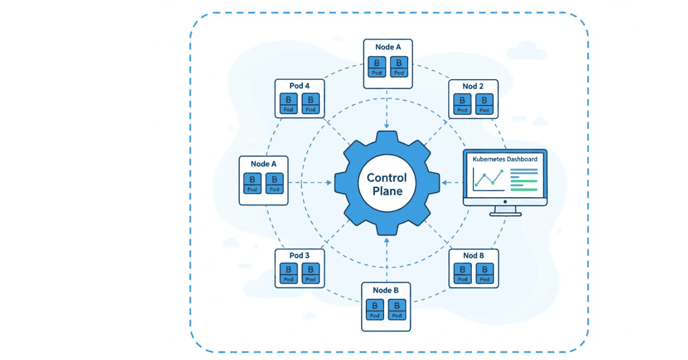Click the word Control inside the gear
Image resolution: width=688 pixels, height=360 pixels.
[x=386, y=178]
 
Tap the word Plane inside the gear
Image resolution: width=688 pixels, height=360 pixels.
[x=386, y=191]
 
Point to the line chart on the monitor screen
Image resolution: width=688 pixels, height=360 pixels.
[x=487, y=179]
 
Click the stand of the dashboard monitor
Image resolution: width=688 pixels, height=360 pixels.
[x=505, y=210]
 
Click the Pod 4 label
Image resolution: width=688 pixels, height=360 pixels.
[x=299, y=86]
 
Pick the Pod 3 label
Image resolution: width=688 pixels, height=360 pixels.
[x=299, y=255]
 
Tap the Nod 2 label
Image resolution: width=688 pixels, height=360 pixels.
[x=473, y=86]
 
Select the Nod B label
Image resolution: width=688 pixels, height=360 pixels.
[x=473, y=255]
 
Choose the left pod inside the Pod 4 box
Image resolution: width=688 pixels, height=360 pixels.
[x=288, y=104]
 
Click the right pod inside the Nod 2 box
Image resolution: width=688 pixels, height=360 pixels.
[x=484, y=104]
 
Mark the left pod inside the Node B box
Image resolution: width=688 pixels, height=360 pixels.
[x=376, y=310]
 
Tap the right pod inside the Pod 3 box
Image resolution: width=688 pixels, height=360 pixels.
[x=310, y=273]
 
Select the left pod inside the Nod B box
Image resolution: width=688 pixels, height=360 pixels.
[x=462, y=273]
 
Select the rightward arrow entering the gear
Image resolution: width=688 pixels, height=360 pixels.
[x=318, y=183]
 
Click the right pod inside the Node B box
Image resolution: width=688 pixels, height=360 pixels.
[x=397, y=310]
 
